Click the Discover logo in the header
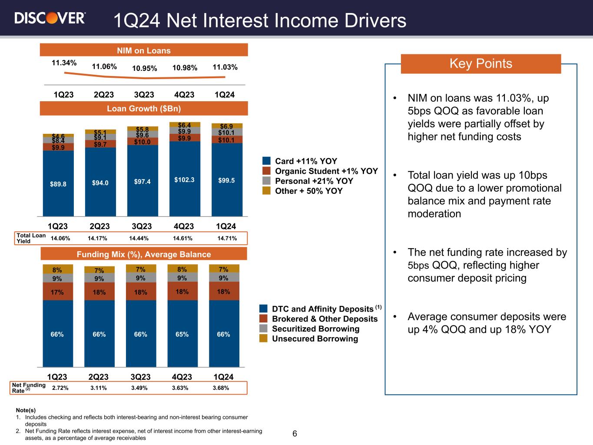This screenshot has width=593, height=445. (50, 18)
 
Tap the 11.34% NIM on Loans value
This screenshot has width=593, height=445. (64, 63)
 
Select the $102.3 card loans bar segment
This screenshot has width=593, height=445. (184, 179)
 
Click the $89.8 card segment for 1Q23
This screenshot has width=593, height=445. (58, 184)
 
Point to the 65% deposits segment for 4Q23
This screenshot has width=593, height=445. (182, 334)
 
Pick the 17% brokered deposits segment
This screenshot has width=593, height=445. (57, 292)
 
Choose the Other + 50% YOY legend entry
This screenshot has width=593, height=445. (308, 191)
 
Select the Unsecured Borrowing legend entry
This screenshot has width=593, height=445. (315, 339)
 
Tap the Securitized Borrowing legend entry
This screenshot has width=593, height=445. (315, 329)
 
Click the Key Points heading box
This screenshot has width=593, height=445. (480, 64)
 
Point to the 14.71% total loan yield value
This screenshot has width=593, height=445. (227, 239)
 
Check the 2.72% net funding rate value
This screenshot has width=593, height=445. (60, 388)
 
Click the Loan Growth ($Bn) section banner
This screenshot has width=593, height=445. (144, 108)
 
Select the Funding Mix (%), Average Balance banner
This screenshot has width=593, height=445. (144, 254)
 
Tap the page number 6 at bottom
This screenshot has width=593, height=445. (295, 434)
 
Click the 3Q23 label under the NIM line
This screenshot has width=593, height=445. (144, 95)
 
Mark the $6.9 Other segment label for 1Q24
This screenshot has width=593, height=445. (226, 126)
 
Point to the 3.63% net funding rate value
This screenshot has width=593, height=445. (180, 388)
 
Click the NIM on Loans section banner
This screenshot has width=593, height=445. (144, 50)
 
